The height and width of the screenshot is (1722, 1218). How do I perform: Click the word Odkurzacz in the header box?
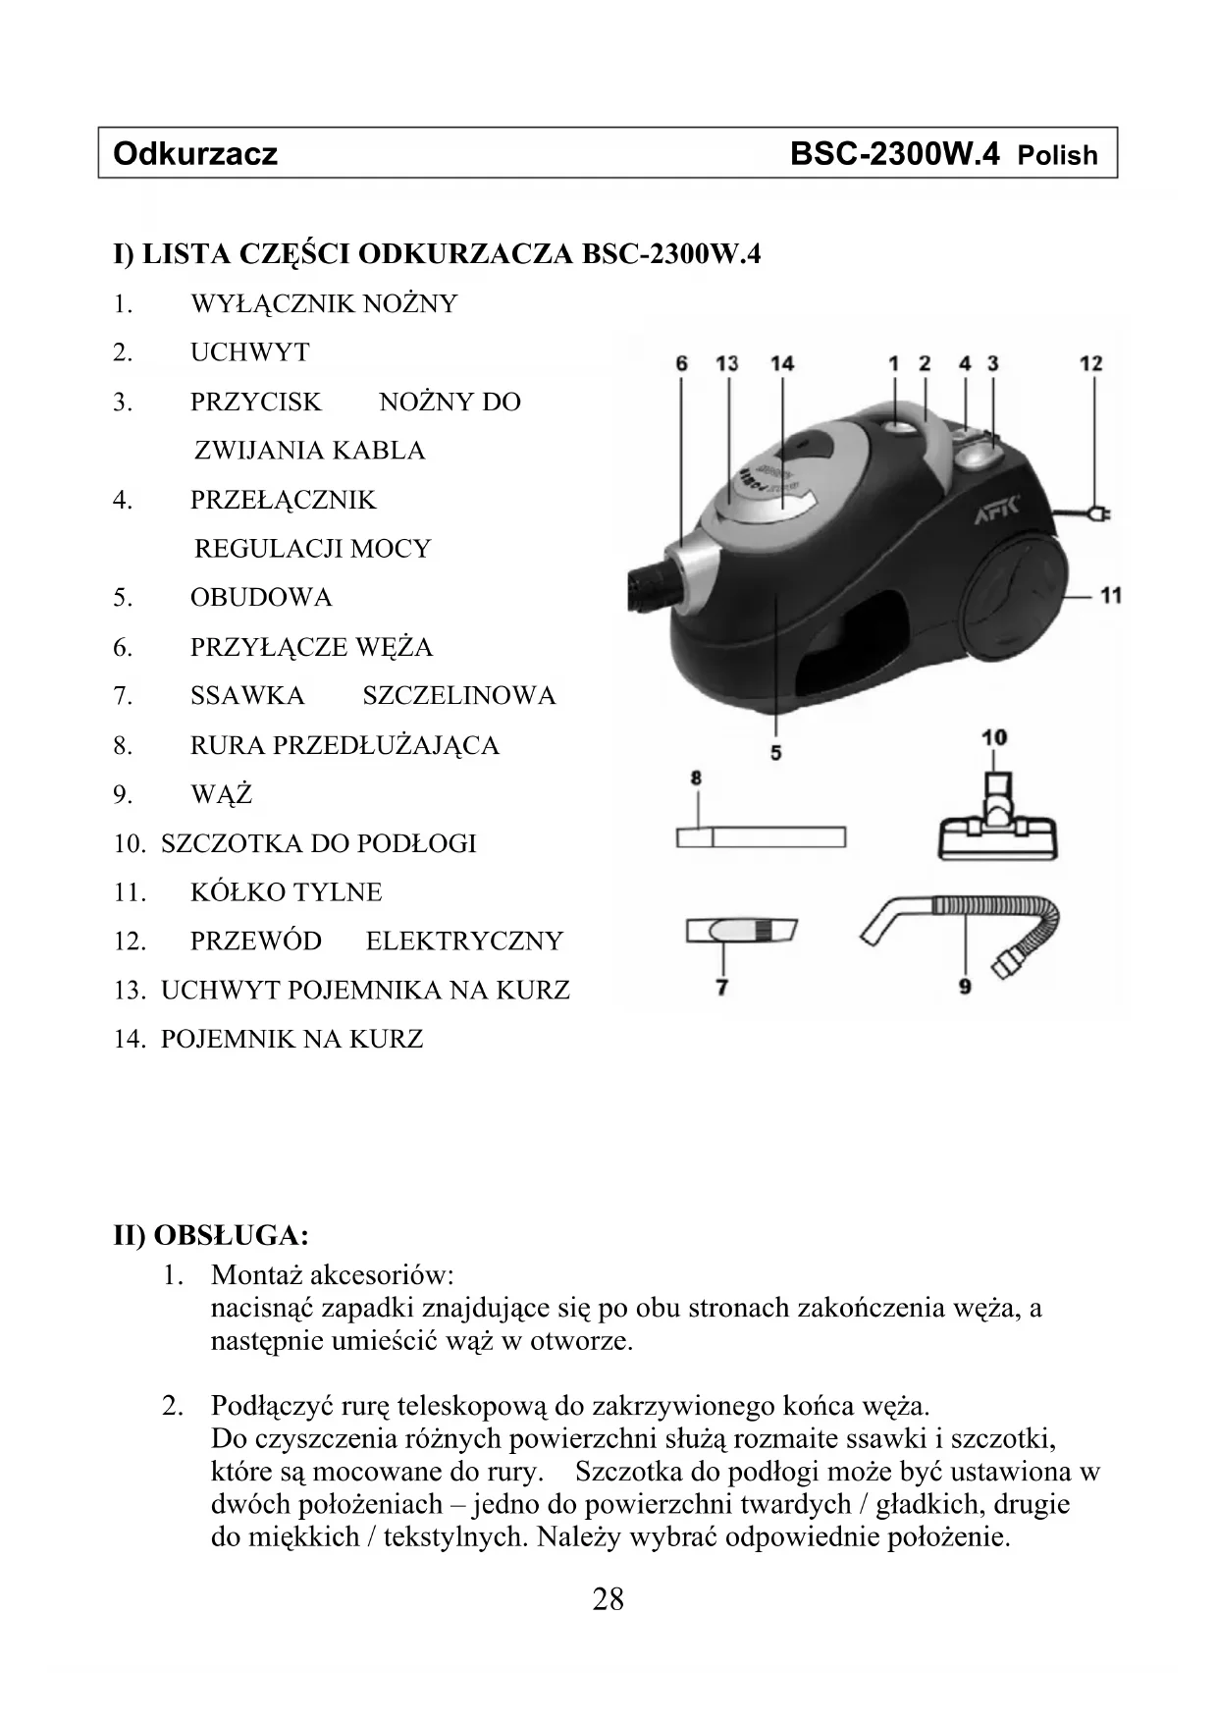(x=195, y=154)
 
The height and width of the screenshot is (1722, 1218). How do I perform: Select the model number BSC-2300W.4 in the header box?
(x=894, y=154)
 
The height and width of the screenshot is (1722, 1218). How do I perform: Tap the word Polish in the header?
(x=1057, y=155)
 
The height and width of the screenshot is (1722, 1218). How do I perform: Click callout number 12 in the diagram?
(x=1090, y=363)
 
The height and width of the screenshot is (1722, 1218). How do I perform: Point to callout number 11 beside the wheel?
(x=1110, y=595)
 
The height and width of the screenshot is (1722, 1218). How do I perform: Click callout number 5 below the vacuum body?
(x=775, y=752)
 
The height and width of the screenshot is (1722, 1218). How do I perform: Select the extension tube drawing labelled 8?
(x=761, y=837)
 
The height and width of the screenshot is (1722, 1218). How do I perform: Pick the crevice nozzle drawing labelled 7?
(x=741, y=930)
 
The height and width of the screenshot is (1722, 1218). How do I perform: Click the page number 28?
(x=608, y=1599)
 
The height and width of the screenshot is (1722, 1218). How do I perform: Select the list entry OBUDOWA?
(x=261, y=597)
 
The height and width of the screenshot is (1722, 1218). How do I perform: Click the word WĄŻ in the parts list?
(x=222, y=793)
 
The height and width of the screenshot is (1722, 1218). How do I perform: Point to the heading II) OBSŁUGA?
(x=211, y=1234)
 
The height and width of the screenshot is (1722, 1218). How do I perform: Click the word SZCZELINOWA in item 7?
(x=458, y=695)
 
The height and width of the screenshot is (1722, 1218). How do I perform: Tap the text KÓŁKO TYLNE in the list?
(x=286, y=891)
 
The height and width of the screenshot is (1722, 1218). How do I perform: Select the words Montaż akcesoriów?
(x=332, y=1275)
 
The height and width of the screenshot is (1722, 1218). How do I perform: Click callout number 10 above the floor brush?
(x=993, y=737)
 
